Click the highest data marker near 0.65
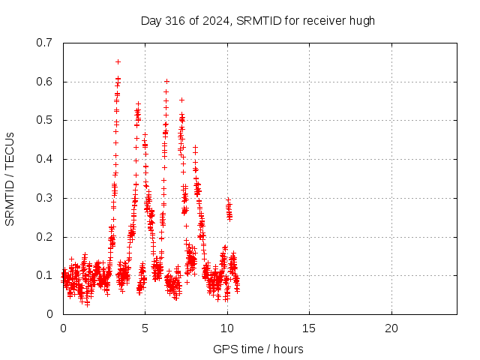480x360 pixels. point(118,62)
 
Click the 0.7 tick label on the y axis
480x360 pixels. point(44,43)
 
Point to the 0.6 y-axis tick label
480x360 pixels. point(44,82)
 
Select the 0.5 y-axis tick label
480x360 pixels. point(44,120)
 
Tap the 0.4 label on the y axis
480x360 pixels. point(44,159)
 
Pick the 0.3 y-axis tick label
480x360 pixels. point(44,198)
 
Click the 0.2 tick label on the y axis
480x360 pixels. point(44,237)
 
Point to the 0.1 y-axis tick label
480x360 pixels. point(44,275)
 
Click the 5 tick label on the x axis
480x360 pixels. point(145,328)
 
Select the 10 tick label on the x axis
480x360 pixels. point(227,328)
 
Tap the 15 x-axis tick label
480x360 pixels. point(309,328)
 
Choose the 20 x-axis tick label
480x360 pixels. point(391,328)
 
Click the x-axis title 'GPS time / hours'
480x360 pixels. point(258,349)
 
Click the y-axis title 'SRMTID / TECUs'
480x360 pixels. point(10,179)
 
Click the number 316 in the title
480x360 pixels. point(175,21)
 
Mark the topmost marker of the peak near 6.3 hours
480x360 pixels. point(166,82)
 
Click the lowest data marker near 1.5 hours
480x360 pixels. point(88,304)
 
